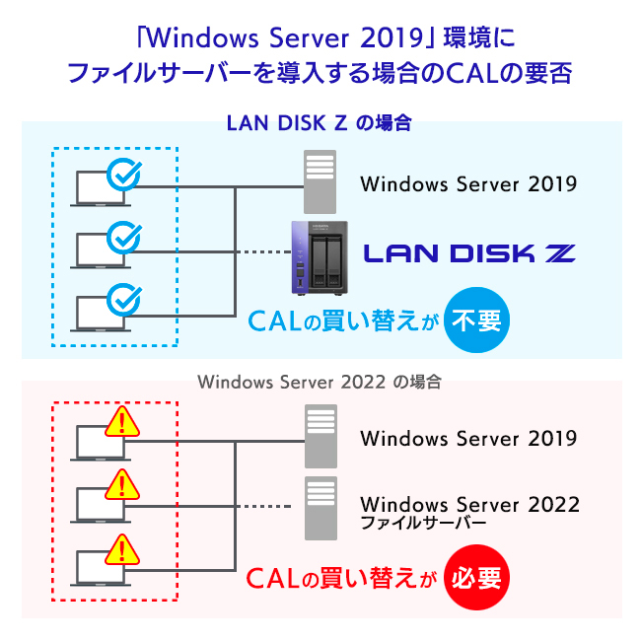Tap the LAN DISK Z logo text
click(469, 253)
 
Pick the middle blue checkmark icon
click(123, 237)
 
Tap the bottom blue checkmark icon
click(123, 298)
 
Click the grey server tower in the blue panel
click(320, 181)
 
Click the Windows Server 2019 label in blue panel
click(468, 183)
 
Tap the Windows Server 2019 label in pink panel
click(468, 438)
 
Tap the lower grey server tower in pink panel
click(320, 507)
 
